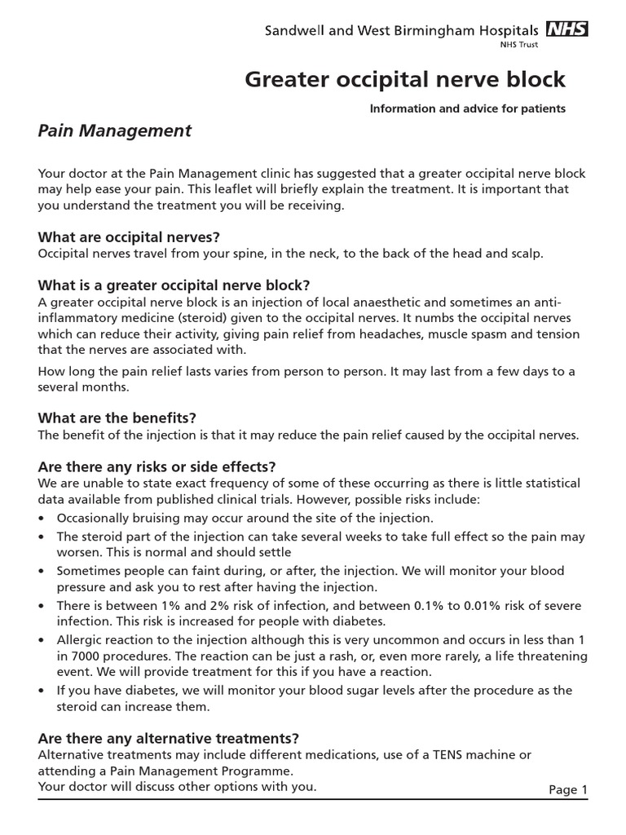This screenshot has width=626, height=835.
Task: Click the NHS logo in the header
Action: pyautogui.click(x=566, y=30)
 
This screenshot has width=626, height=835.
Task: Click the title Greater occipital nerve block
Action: pyautogui.click(x=405, y=80)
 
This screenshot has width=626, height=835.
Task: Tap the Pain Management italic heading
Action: pyautogui.click(x=115, y=130)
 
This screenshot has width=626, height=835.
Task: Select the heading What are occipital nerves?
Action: pyautogui.click(x=130, y=237)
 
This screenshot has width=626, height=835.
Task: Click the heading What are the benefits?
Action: pyautogui.click(x=117, y=418)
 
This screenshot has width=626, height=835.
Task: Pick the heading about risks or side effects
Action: pyautogui.click(x=157, y=466)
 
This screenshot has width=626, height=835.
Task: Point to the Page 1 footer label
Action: pyautogui.click(x=567, y=789)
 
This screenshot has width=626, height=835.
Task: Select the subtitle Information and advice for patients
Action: pyautogui.click(x=468, y=108)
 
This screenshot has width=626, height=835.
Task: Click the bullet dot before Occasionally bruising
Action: pyautogui.click(x=42, y=519)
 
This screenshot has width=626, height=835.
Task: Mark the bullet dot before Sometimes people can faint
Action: pyautogui.click(x=42, y=572)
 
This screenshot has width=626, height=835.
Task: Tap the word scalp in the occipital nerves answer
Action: pyautogui.click(x=524, y=254)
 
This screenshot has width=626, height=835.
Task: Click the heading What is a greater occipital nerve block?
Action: pyautogui.click(x=174, y=285)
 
